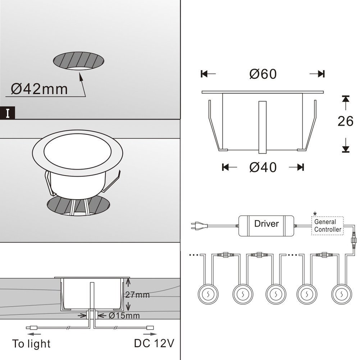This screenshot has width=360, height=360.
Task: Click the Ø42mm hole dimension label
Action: pos(39,89)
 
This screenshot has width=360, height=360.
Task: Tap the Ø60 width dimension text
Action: pos(263,74)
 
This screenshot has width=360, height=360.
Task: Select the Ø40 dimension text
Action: pos(263,167)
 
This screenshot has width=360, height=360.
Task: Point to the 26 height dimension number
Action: pos(345,121)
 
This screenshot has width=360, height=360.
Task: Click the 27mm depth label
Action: pos(137,295)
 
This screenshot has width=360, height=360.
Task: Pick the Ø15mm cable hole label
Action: pos(124,316)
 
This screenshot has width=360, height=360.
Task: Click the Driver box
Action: pos(266,226)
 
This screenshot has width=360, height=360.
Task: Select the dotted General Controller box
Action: pos(327,226)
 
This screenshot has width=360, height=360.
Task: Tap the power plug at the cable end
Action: pos(199,226)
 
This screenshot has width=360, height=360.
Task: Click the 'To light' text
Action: pos(31,344)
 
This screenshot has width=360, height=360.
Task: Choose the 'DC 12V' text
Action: pos(154,343)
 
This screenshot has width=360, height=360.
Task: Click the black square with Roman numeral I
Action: pos(8,113)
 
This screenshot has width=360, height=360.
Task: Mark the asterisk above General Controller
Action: pos(315,214)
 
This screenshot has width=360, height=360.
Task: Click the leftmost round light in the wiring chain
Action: pos(208,294)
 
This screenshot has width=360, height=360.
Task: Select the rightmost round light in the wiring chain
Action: pos(342,294)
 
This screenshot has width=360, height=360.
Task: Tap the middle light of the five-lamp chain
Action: pos(275,294)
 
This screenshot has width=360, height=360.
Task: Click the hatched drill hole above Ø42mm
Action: pos(78,61)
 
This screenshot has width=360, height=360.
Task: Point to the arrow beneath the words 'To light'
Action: pos(34,334)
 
